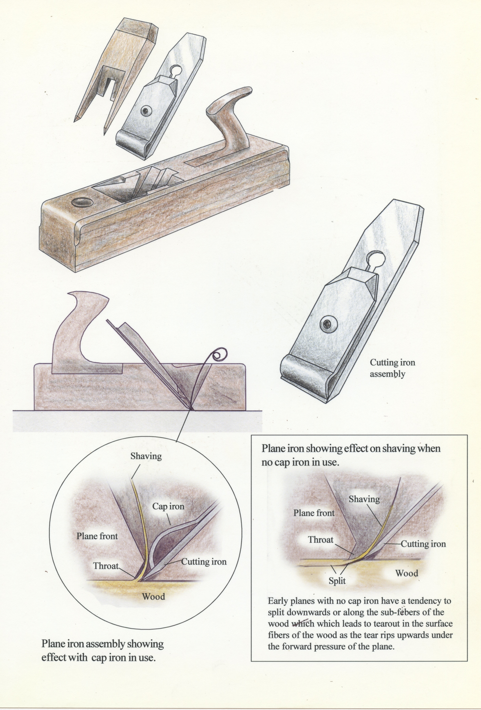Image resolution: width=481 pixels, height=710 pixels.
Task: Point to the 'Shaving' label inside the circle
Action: (146, 456)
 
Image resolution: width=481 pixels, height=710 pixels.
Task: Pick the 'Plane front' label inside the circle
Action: (97, 536)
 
